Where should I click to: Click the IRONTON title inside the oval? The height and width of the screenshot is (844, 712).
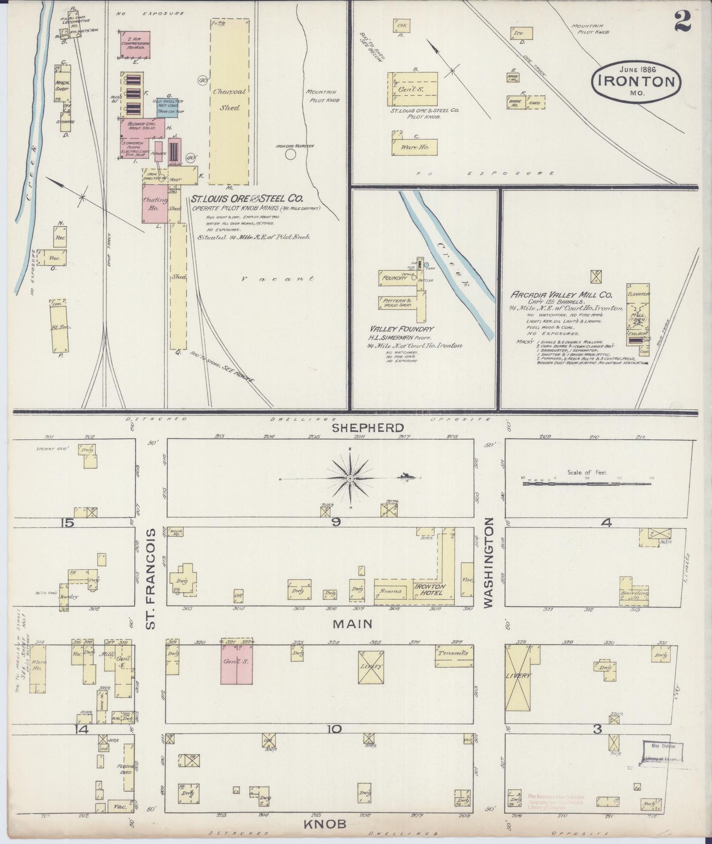637,82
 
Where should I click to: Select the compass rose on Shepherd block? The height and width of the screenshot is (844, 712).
350,478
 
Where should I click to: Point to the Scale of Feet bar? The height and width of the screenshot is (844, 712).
586,484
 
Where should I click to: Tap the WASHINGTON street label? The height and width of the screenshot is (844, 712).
489,562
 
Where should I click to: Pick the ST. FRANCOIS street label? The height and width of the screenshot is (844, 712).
151,578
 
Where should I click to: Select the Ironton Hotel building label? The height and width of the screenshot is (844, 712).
430,589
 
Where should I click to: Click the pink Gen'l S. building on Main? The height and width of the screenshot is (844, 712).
237,664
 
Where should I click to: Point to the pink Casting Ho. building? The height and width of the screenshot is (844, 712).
155,203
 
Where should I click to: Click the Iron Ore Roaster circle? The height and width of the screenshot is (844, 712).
291,155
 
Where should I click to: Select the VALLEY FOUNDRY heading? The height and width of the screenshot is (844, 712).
402,329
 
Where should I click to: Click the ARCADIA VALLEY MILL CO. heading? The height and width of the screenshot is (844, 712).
561,294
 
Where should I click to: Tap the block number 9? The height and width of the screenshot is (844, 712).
336,523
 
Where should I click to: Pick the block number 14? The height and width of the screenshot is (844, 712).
82,729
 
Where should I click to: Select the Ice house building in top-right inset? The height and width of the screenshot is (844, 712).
521,33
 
